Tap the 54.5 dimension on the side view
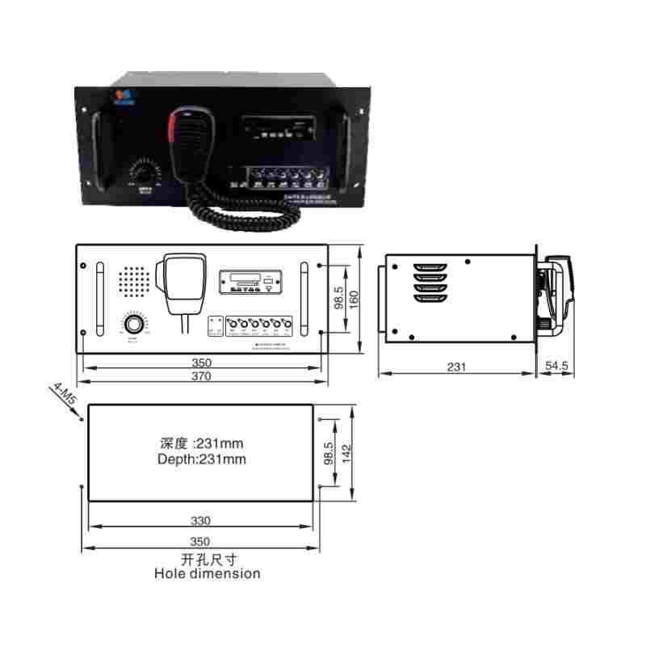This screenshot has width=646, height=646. pos(557,366)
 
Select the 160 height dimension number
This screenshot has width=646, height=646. pos(353,298)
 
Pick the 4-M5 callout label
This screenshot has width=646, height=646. pos(62,396)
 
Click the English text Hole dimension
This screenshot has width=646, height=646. pos(208,573)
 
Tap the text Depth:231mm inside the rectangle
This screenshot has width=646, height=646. pos(202,459)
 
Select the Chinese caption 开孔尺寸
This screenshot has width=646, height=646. pos(208,560)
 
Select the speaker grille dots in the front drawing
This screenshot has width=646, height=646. pos(134,281)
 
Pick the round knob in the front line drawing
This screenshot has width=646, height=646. pos(133,324)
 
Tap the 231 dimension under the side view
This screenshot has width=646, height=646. pos(456,366)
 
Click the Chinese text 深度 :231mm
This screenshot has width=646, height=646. pos(202,443)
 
